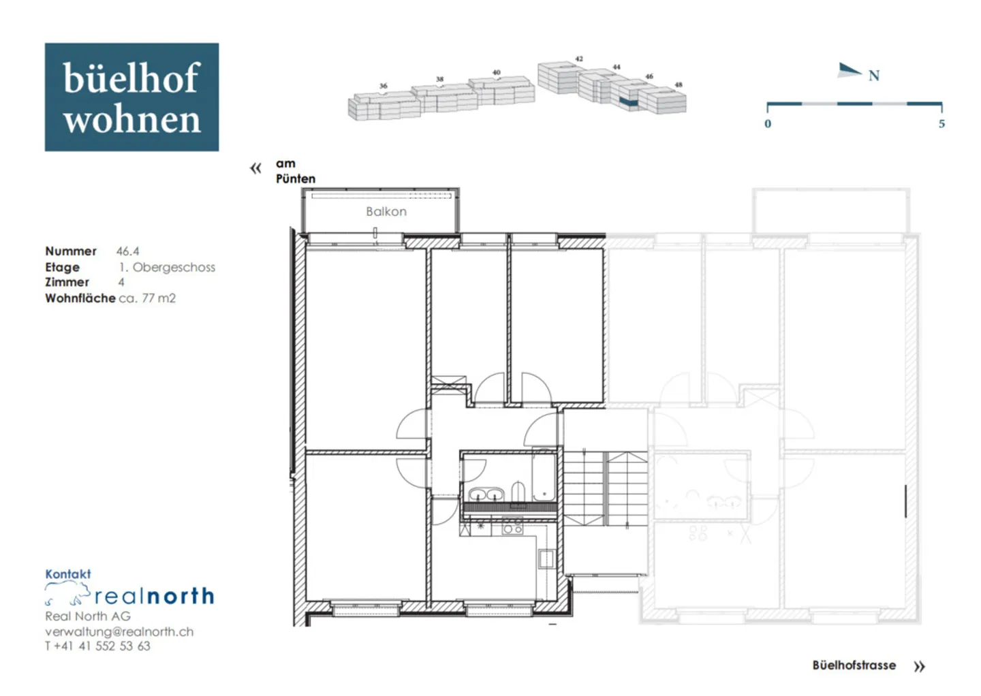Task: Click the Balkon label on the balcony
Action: coord(386,212)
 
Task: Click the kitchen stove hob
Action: coord(512,527)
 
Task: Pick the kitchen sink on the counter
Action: coord(546,559)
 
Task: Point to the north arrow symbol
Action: coord(850,70)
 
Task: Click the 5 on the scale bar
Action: coord(941,124)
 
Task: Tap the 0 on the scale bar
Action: coord(768,124)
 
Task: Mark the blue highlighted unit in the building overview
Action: coord(628,102)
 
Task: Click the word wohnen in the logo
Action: coord(132,120)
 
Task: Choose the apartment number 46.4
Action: coord(127,251)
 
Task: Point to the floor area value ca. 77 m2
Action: coord(147,298)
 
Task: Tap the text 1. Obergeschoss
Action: coord(167,267)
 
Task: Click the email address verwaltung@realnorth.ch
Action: coord(119,631)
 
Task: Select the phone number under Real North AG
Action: coord(97,646)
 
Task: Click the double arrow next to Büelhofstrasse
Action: coord(919,667)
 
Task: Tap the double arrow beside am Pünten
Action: coord(255,168)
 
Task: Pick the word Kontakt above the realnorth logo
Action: coord(67,574)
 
